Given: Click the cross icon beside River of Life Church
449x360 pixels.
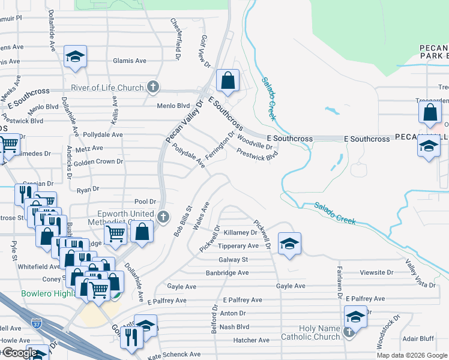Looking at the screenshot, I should pos(153,88).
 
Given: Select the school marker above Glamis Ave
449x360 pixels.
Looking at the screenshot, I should pos(75,56).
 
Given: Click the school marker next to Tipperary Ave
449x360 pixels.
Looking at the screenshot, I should pos(289,243).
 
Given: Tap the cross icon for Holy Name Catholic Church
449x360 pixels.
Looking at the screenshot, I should pos(349,331).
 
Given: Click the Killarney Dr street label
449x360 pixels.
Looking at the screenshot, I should pos(240,232).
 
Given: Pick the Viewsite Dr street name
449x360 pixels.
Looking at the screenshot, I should pos(377,272).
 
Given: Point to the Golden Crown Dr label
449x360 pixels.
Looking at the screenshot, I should pos(98,161).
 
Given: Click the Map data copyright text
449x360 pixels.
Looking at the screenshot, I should pos(411,355).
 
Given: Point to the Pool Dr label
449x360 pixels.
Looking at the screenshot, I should pos(145,202).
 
